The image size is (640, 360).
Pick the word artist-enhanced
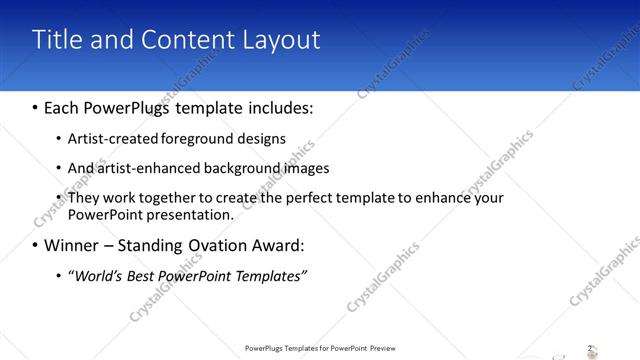click(146, 168)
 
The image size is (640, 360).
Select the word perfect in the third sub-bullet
click(316, 198)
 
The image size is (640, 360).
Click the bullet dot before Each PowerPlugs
click(36, 105)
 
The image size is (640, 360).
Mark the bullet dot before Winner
click(36, 245)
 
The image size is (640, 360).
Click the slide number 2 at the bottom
click(589, 348)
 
